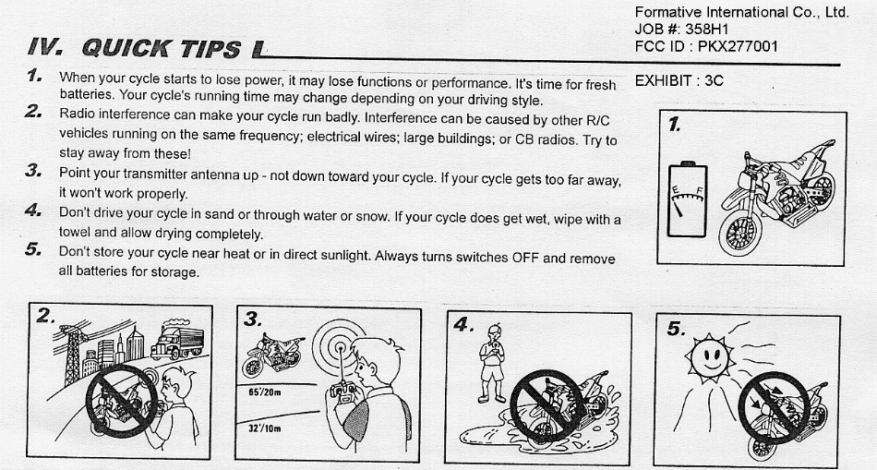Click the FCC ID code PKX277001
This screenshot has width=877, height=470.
coord(738,46)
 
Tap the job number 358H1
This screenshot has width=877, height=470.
coord(707,30)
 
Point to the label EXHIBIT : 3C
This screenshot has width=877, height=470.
coord(679,81)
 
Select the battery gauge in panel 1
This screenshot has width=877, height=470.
coord(688,199)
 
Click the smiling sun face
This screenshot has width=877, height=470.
coord(710,356)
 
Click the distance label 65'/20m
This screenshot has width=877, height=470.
coord(265,392)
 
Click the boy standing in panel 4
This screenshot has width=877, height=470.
coord(492,363)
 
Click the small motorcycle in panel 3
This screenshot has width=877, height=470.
coord(272,355)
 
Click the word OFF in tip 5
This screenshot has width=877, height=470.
coord(525,258)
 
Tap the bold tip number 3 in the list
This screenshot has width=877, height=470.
coord(33,171)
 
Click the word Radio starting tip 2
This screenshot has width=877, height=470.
coord(78,114)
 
